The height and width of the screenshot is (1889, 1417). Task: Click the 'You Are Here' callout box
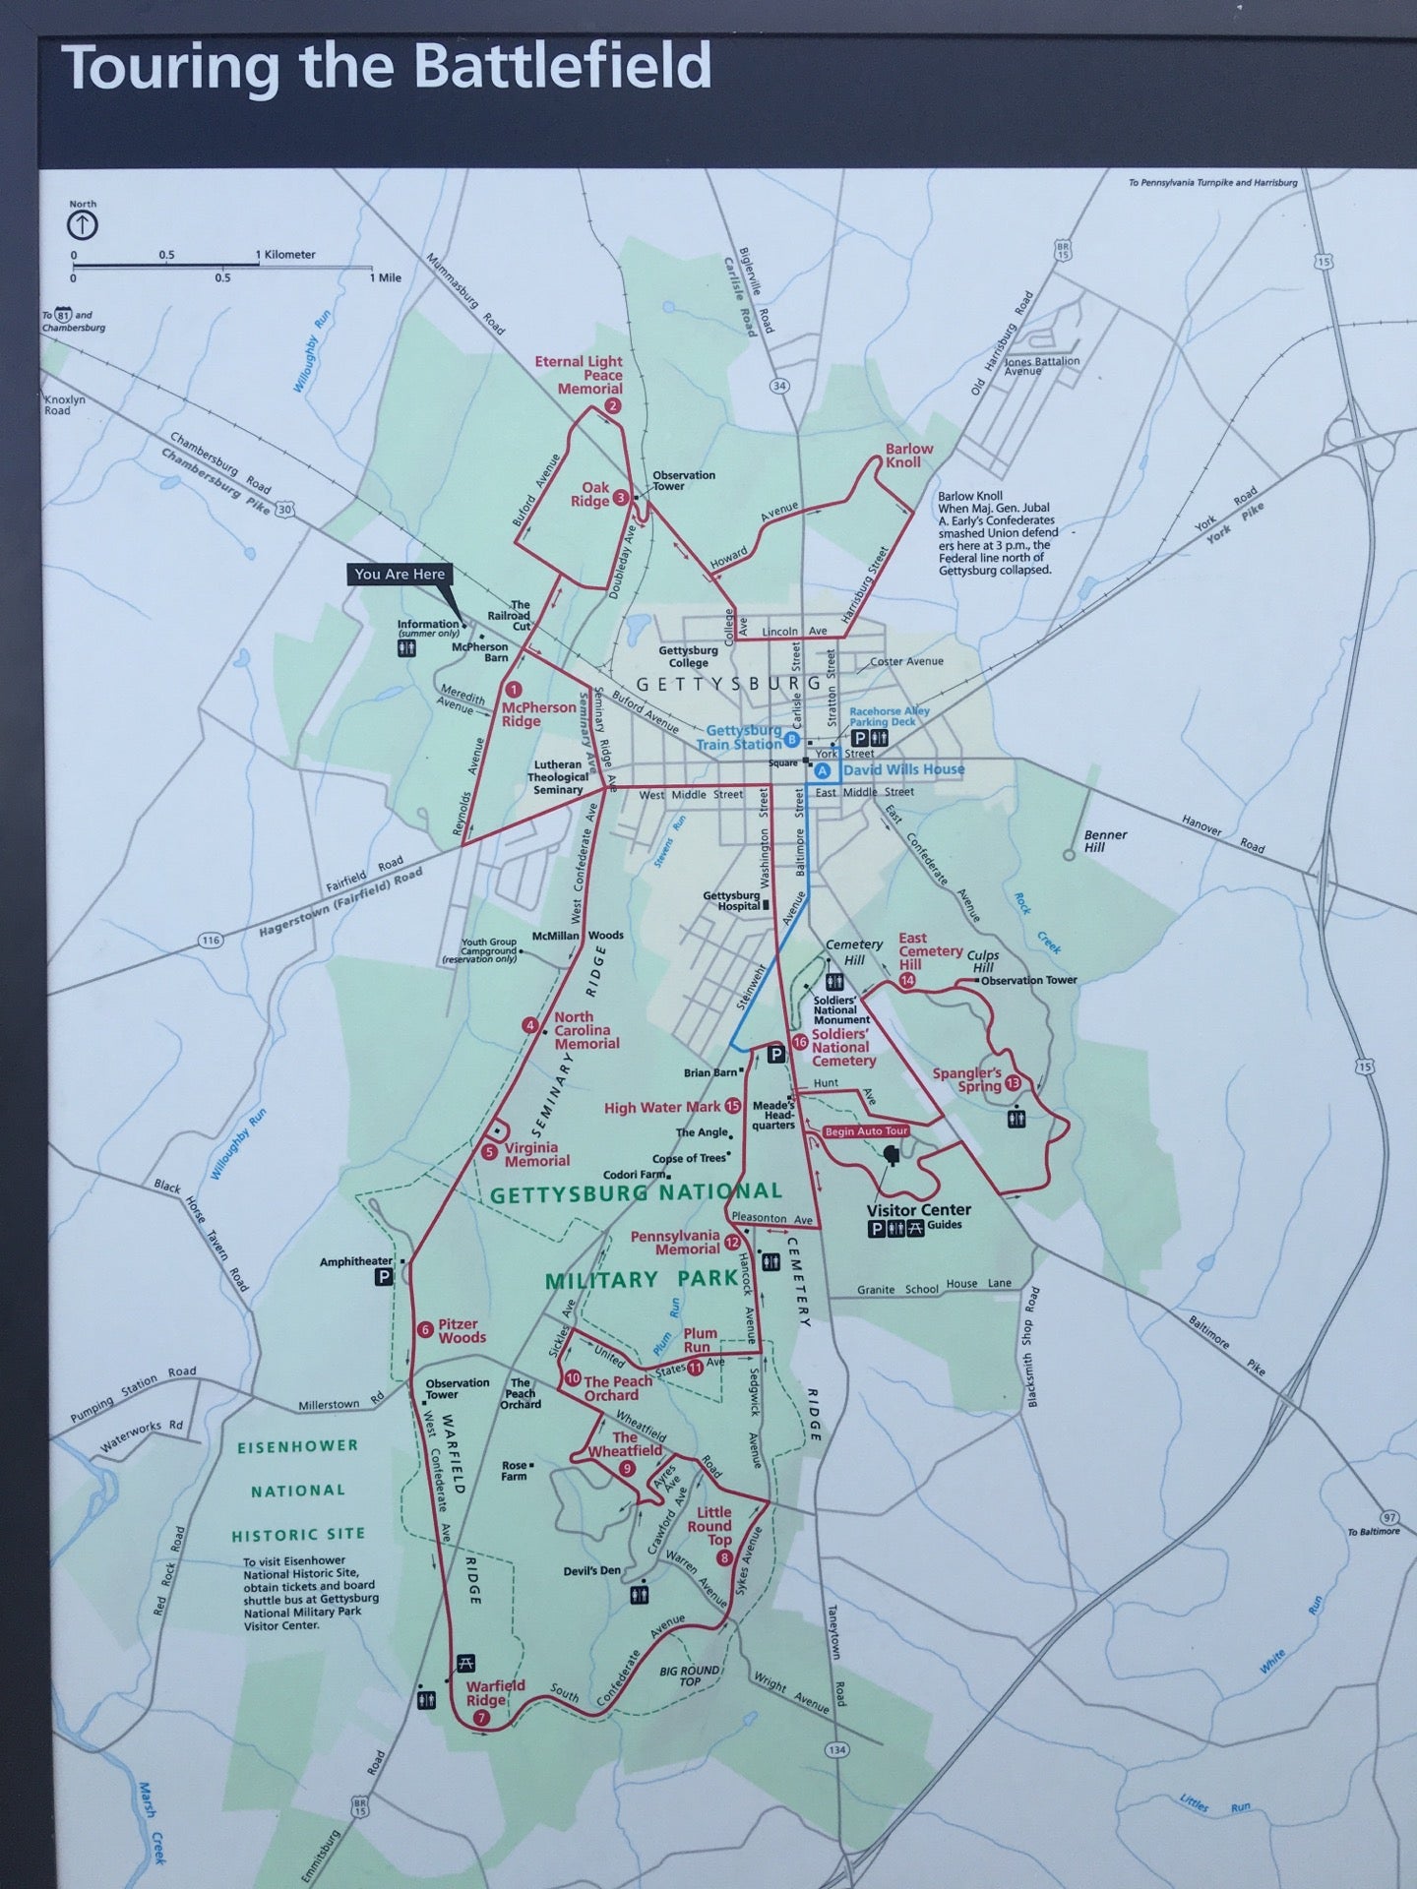(400, 575)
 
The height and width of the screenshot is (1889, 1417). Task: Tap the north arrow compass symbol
(83, 225)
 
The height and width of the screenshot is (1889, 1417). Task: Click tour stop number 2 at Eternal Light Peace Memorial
(613, 406)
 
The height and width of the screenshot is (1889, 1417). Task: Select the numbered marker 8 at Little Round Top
(725, 1558)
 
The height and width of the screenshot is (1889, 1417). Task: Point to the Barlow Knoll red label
(908, 455)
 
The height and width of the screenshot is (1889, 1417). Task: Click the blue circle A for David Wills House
(823, 771)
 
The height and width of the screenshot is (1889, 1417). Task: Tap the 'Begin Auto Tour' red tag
(865, 1131)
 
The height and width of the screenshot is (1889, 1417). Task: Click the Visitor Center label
(918, 1210)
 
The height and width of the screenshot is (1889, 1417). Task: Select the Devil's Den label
(591, 1570)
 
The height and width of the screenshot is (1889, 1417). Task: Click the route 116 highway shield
(210, 941)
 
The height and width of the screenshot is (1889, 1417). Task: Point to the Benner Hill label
(1104, 840)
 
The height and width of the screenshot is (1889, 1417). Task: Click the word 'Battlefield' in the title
(562, 67)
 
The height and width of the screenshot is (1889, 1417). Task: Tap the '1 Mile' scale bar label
(385, 277)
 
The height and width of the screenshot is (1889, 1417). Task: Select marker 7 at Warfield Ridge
(481, 1718)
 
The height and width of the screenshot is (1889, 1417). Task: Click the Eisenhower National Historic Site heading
(298, 1490)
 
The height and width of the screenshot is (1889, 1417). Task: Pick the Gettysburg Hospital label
(731, 900)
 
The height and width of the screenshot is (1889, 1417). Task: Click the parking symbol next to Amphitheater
(383, 1277)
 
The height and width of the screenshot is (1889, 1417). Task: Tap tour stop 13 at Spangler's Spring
(1014, 1083)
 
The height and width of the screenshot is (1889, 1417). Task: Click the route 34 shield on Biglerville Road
(779, 386)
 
